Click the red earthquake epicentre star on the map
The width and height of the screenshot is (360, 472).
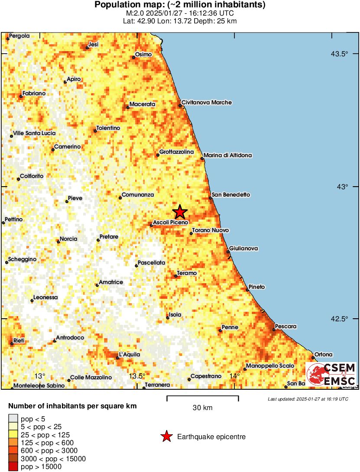(x=180, y=212)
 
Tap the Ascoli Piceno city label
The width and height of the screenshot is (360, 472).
(x=171, y=222)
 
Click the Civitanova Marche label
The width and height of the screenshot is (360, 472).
(x=207, y=103)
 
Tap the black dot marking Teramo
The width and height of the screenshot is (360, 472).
(x=176, y=276)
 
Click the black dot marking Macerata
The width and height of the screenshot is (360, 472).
(x=128, y=107)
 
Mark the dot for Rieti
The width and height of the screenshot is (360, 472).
(x=12, y=343)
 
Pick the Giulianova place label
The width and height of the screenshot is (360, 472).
(x=243, y=249)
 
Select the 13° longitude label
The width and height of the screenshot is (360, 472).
(x=40, y=375)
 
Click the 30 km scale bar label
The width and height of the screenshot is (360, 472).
(x=202, y=407)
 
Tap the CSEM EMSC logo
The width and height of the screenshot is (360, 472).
(x=331, y=375)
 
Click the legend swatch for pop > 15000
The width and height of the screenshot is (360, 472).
(x=13, y=467)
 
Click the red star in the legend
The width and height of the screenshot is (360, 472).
(x=166, y=437)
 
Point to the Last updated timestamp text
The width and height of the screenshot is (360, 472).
(x=308, y=399)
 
